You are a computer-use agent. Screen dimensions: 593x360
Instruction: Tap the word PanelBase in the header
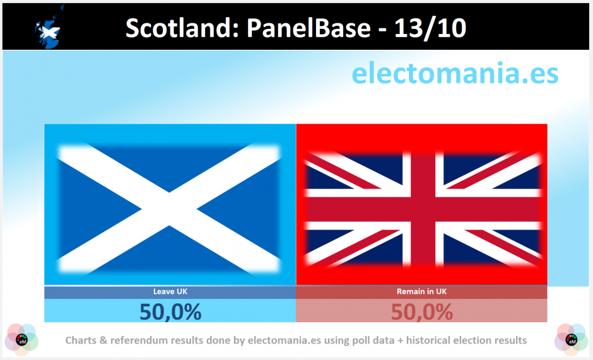click(308, 28)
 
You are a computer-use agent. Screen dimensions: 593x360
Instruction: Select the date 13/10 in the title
click(430, 28)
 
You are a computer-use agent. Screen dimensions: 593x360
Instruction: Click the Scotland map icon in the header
click(48, 27)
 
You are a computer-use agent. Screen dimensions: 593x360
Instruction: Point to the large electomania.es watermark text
click(455, 73)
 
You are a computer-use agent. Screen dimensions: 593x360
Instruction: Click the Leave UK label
click(170, 291)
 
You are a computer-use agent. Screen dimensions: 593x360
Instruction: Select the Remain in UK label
click(421, 291)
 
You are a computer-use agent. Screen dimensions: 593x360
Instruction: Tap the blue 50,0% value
click(170, 312)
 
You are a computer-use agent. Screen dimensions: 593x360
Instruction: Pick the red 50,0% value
click(421, 312)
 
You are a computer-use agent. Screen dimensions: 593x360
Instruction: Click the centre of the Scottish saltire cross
click(169, 209)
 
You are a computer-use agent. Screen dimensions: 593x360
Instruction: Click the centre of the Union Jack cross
click(423, 209)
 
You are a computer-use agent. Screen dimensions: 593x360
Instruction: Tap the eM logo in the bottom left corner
click(21, 340)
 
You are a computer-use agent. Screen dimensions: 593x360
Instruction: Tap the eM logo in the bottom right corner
click(571, 340)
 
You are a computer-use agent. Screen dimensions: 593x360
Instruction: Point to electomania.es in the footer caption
click(284, 340)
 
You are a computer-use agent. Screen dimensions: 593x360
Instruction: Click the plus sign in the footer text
click(400, 340)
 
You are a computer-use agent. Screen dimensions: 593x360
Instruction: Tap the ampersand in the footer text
click(103, 340)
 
